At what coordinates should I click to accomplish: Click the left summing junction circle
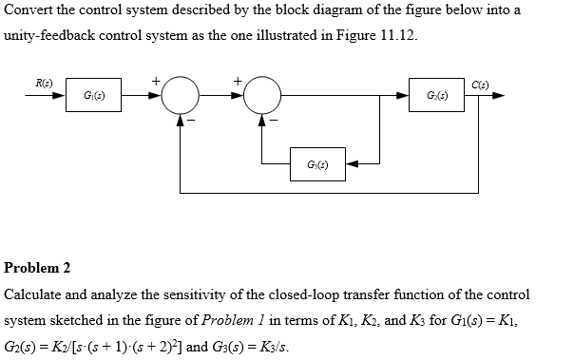point(180,97)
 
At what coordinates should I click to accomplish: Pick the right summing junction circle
point(263,97)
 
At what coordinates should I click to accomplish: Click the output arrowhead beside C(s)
point(498,97)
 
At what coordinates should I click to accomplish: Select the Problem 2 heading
point(38,269)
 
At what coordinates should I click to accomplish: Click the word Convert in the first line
point(29,10)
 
